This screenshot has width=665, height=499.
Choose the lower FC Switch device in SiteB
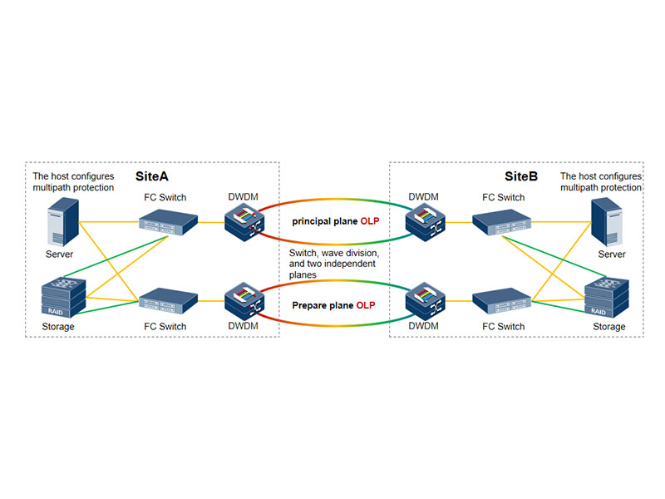[x=500, y=300]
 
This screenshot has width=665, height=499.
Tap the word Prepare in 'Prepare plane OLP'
[x=309, y=305]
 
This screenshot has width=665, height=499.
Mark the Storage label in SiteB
[x=609, y=327]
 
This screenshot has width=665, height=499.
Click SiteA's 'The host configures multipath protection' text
[x=73, y=182]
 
